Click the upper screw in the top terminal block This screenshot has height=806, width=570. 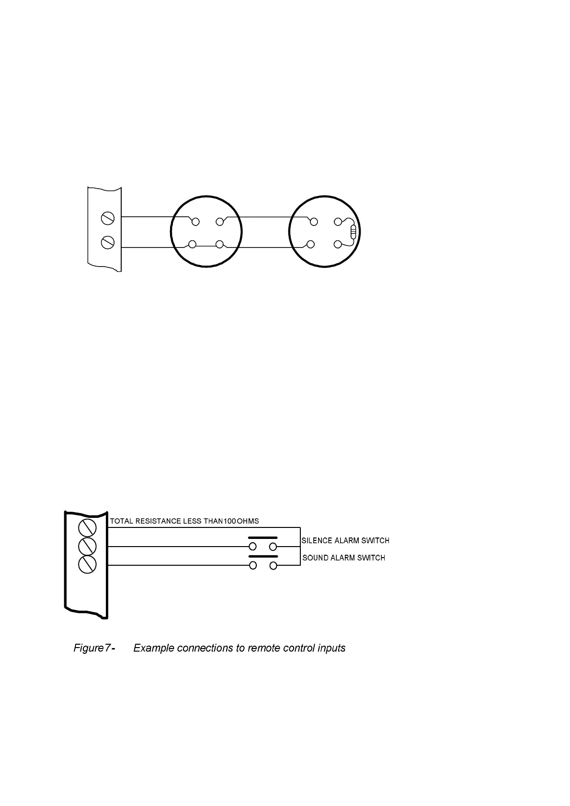coord(108,218)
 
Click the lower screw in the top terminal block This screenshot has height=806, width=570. coord(108,243)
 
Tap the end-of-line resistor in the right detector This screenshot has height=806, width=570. coord(353,232)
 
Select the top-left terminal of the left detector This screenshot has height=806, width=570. coord(195,222)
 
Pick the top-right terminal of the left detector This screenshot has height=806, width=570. coord(220,222)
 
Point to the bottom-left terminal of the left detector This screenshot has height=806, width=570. coord(193,245)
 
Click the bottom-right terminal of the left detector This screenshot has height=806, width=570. coord(220,245)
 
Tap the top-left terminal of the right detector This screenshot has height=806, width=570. coord(314,222)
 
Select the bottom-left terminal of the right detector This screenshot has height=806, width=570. coord(311,245)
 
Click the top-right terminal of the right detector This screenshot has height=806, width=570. coord(338,222)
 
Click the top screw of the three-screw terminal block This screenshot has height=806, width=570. coord(87,528)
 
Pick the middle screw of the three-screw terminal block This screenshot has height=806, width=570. coord(87,546)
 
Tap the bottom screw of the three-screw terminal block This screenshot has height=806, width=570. coord(87,564)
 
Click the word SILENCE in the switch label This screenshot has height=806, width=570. coord(317,541)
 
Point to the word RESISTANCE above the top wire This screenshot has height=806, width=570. coord(158,521)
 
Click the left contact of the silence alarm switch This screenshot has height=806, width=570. coord(252,547)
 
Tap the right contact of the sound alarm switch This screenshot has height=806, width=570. coord(273,566)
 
